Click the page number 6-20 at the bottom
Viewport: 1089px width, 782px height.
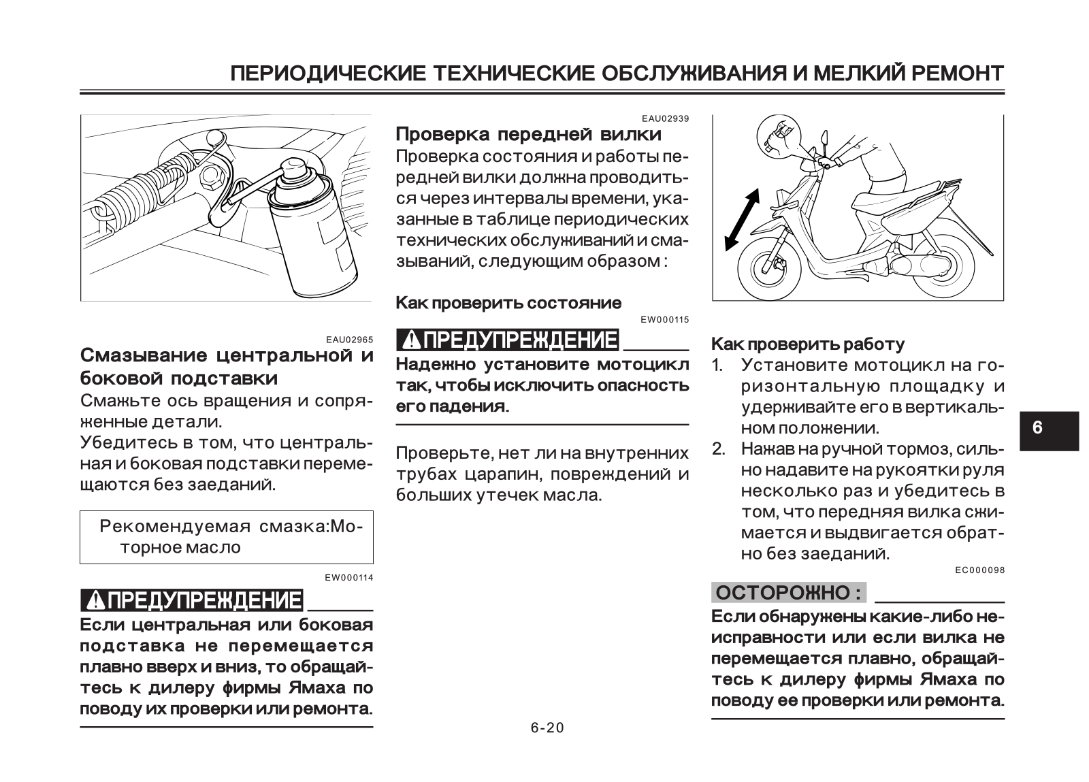pyautogui.click(x=547, y=728)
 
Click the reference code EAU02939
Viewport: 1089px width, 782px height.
pyautogui.click(x=665, y=118)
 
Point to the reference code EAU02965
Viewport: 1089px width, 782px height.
pyautogui.click(x=349, y=339)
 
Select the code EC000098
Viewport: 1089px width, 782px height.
pyautogui.click(x=980, y=570)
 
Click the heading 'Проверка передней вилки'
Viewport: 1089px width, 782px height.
pyautogui.click(x=528, y=134)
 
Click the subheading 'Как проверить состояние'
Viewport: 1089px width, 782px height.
pyautogui.click(x=508, y=303)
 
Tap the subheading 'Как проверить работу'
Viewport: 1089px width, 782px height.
pyautogui.click(x=808, y=344)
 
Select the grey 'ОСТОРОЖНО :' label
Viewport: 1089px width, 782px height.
pyautogui.click(x=789, y=593)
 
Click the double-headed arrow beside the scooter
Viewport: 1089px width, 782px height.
pyautogui.click(x=742, y=219)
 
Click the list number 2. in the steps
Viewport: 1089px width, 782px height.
pyautogui.click(x=719, y=449)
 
